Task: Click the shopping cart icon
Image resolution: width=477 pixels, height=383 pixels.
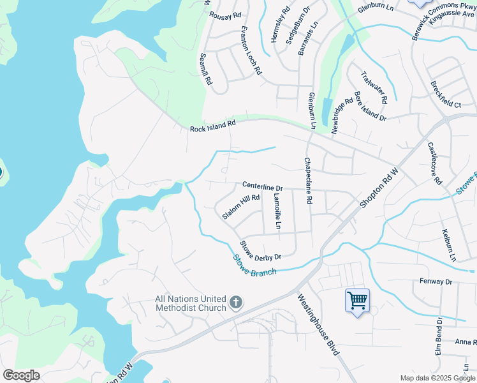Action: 357,300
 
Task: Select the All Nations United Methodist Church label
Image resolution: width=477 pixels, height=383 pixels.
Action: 191,303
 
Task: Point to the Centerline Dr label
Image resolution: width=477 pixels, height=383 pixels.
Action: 262,187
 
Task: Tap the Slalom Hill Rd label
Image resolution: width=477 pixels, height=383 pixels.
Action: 241,207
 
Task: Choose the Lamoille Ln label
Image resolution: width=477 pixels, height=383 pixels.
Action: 277,211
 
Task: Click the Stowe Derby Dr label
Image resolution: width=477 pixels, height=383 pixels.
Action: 260,251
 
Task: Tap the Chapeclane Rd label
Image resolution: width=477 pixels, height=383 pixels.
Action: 307,181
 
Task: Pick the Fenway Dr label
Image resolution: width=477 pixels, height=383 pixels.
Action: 436,282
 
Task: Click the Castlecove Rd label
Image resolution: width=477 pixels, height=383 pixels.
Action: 434,163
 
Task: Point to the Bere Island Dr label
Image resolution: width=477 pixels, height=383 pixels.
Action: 370,106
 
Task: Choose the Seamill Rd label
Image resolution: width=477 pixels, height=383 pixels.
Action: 205,70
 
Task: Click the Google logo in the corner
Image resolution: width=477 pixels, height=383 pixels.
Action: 21,375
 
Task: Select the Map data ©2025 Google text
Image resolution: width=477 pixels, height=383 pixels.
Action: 437,378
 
